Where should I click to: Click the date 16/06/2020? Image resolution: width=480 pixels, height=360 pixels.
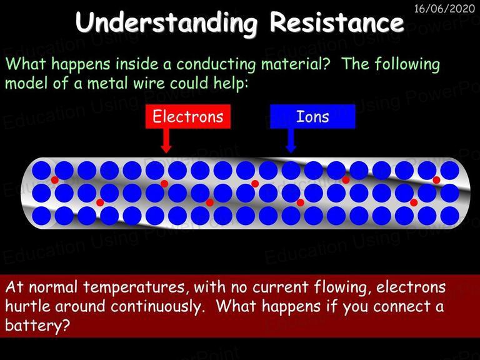[x=444, y=8]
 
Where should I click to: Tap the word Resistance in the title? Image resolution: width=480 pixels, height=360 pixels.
[x=337, y=22]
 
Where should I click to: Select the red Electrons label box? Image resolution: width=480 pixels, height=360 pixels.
[x=188, y=116]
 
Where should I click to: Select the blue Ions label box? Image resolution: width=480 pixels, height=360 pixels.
[x=312, y=116]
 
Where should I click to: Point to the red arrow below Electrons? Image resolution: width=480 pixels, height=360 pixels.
[x=166, y=141]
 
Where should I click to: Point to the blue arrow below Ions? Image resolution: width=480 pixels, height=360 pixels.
[x=291, y=141]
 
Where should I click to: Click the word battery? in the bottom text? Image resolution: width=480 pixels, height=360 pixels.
[x=37, y=325]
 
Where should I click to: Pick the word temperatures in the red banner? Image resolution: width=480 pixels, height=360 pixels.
[x=134, y=287]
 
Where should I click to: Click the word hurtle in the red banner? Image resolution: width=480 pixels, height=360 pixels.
[x=27, y=306]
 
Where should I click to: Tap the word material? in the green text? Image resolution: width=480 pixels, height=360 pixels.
[x=296, y=64]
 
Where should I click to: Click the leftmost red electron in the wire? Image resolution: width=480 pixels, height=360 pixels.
[x=55, y=180]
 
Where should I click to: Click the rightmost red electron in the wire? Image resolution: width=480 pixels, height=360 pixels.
[x=436, y=180]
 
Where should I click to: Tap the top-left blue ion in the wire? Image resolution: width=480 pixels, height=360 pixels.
[x=41, y=171]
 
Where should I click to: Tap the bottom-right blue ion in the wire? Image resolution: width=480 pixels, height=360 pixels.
[x=450, y=216]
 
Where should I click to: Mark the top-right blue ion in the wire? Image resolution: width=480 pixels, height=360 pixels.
[x=450, y=171]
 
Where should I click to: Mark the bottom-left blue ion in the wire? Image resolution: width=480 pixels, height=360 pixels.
[x=41, y=216]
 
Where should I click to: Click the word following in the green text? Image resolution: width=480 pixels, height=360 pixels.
[x=407, y=64]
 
